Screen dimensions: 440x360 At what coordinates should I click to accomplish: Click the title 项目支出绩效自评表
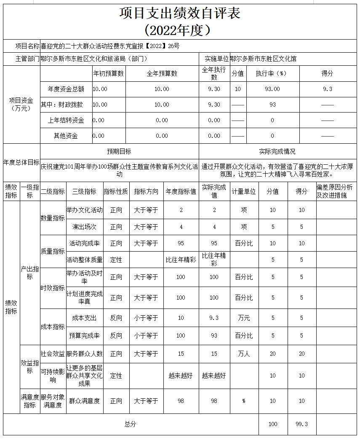tap(180, 13)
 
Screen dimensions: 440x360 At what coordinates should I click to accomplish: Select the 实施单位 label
tap(216, 59)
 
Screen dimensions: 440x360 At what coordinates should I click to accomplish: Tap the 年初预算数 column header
tap(109, 73)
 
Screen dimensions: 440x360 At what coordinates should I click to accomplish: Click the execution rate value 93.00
tap(272, 89)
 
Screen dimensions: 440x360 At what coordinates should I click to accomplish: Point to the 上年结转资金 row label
tap(66, 120)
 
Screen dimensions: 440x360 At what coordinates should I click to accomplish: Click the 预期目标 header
tap(119, 151)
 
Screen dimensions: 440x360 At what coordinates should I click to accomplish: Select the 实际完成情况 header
tap(277, 151)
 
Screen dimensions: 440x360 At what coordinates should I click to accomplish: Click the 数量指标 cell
tap(53, 218)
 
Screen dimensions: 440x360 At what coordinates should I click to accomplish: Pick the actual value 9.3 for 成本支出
tap(214, 318)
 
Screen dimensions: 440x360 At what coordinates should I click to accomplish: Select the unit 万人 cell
tap(244, 354)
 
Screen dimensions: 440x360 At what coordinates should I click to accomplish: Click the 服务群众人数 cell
tap(85, 354)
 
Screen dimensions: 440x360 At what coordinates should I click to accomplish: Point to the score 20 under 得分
tap(301, 354)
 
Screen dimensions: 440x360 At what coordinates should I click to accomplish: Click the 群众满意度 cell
tap(85, 401)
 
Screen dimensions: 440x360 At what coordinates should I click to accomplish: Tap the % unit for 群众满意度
tap(244, 401)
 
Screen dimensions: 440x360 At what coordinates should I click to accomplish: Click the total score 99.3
tap(301, 424)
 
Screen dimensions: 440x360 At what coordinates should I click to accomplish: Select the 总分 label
tap(131, 424)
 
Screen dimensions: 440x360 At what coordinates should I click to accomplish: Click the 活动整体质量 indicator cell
tap(85, 260)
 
